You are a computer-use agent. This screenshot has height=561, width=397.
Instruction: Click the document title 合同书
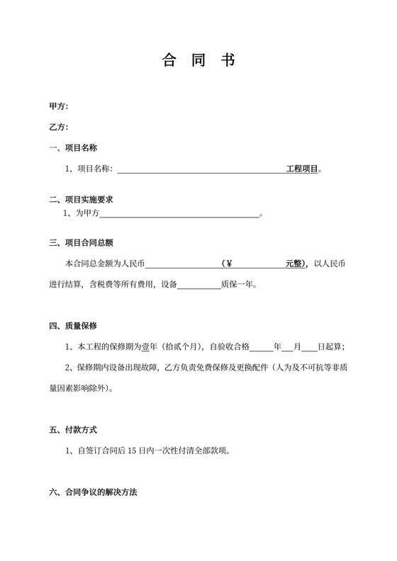point(198,60)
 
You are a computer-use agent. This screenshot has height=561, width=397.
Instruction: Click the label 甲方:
point(58,106)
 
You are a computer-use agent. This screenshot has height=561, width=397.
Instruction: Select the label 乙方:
point(58,127)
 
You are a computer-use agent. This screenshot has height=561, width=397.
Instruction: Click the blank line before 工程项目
point(201,170)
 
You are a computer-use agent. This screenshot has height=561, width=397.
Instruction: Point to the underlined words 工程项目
point(303,170)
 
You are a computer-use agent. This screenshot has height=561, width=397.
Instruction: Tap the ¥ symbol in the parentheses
point(229,264)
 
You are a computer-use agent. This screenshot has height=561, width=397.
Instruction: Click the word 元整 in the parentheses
point(294,264)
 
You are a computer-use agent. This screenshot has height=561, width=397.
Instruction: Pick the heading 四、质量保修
point(73,326)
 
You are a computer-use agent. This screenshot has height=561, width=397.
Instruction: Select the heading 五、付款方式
point(73,430)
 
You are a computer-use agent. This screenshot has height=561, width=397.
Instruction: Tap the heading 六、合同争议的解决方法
point(93,492)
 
